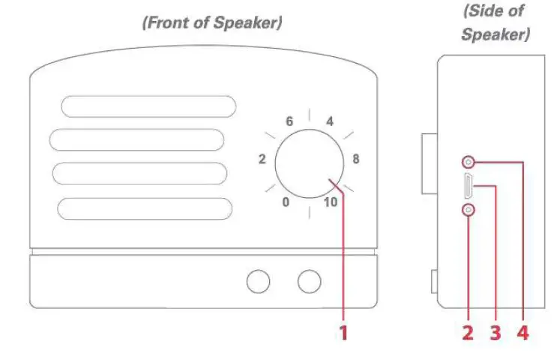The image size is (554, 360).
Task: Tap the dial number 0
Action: pyautogui.click(x=285, y=202)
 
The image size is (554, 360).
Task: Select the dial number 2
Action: pyautogui.click(x=262, y=159)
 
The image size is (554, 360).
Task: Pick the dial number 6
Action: pyautogui.click(x=289, y=121)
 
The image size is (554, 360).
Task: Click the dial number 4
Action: pyautogui.click(x=328, y=121)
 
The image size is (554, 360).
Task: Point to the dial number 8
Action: pyautogui.click(x=356, y=159)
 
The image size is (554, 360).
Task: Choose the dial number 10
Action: pyautogui.click(x=331, y=202)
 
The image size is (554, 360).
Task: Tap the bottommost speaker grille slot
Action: pyautogui.click(x=145, y=208)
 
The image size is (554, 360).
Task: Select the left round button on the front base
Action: pyautogui.click(x=259, y=281)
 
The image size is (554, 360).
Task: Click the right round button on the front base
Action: pyautogui.click(x=309, y=281)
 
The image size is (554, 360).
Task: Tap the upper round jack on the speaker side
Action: pyautogui.click(x=469, y=161)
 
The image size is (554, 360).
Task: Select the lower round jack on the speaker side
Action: pyautogui.click(x=469, y=211)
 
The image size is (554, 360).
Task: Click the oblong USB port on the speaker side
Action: pyautogui.click(x=468, y=186)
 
